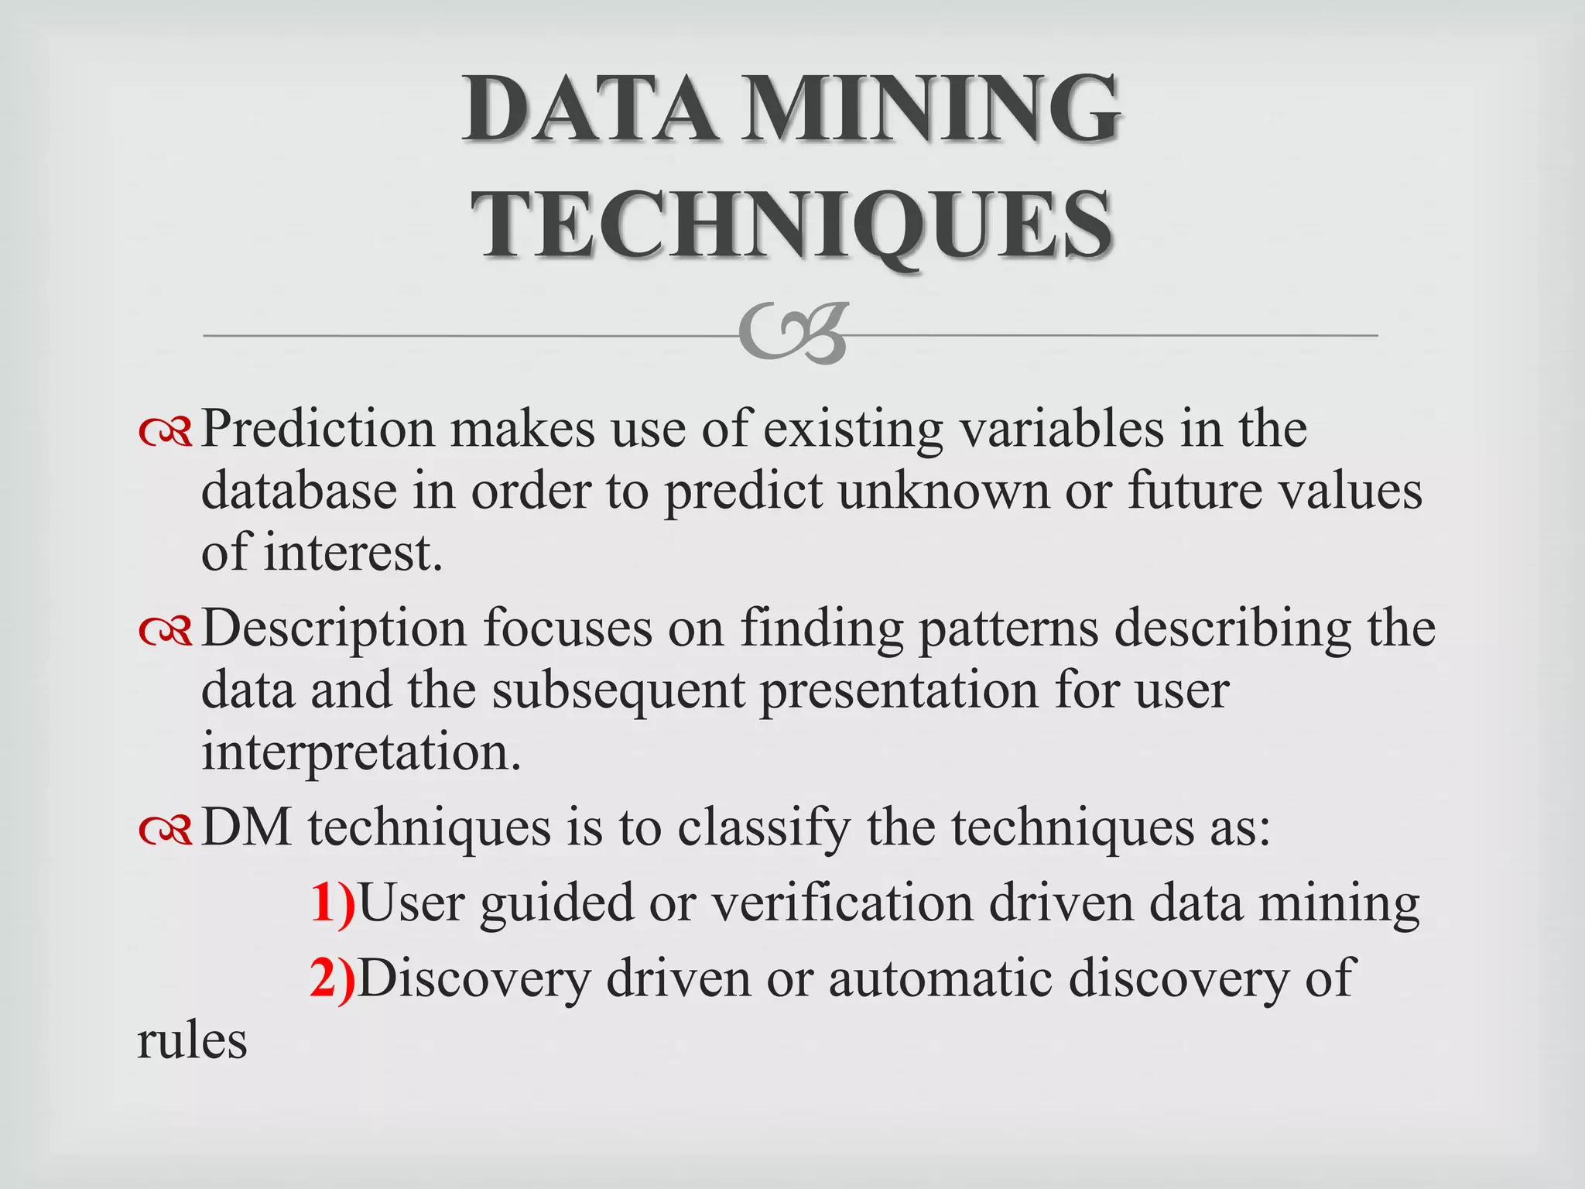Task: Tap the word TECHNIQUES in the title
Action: point(792,224)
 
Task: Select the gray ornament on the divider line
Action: point(792,334)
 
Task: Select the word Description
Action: point(334,628)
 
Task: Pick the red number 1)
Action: point(333,903)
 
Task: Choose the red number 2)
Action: point(333,978)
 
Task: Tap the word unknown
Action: point(943,491)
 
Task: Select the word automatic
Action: point(940,978)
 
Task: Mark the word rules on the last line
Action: point(192,1041)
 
